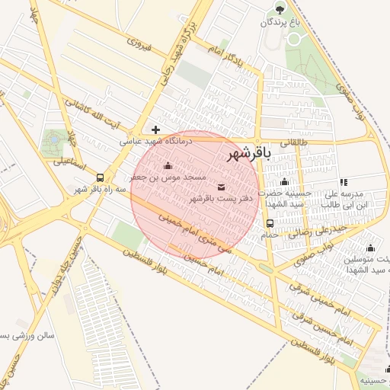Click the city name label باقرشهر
pyautogui.click(x=248, y=154)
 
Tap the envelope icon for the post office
pyautogui.click(x=222, y=187)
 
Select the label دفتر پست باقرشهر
pyautogui.click(x=220, y=199)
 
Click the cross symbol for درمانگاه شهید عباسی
pyautogui.click(x=156, y=130)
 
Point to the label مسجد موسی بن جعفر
pyautogui.click(x=168, y=176)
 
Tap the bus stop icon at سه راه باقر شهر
pyautogui.click(x=101, y=178)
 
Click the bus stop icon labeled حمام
pyautogui.click(x=270, y=223)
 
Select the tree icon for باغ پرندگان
pyautogui.click(x=280, y=10)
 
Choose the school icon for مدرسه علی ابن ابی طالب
pyautogui.click(x=344, y=182)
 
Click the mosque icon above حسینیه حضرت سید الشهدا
pyautogui.click(x=284, y=181)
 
